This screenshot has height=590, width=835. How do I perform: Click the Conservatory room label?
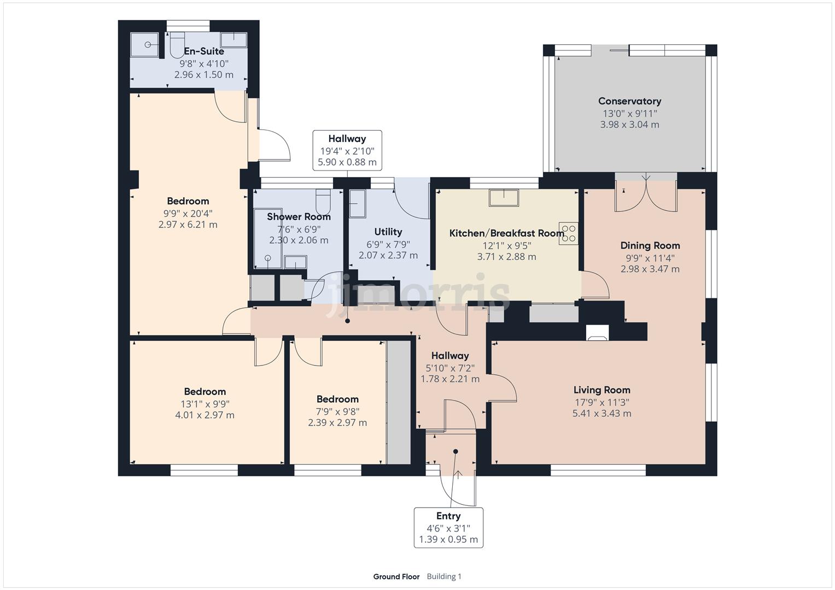point(629,101)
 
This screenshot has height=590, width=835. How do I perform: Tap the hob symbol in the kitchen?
point(568,234)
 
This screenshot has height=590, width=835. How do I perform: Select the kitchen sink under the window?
point(504,198)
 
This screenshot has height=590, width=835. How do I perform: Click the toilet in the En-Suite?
point(177,45)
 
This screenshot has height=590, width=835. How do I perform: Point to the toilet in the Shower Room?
point(323,201)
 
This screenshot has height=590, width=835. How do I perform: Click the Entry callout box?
point(448,527)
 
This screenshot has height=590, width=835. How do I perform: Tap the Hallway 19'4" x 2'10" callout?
point(347,150)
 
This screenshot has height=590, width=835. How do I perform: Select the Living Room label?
point(602,390)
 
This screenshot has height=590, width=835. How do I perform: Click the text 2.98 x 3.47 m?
point(650,269)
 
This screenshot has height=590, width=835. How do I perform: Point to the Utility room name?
point(388,232)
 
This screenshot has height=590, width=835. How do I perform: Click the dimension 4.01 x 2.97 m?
point(205,415)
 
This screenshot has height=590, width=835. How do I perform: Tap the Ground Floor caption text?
point(396,576)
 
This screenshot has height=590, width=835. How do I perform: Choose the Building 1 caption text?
point(444,576)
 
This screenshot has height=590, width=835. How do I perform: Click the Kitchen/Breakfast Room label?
point(506,234)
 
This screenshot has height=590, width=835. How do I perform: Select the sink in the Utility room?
point(358,204)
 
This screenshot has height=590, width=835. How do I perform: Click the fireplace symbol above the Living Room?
point(597,332)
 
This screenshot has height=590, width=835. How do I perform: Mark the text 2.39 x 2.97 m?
point(337,423)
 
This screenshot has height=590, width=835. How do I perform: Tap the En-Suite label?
point(204,51)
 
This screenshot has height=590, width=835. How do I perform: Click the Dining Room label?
point(650,245)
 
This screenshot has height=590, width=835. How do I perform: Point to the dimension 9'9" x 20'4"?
point(188,214)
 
